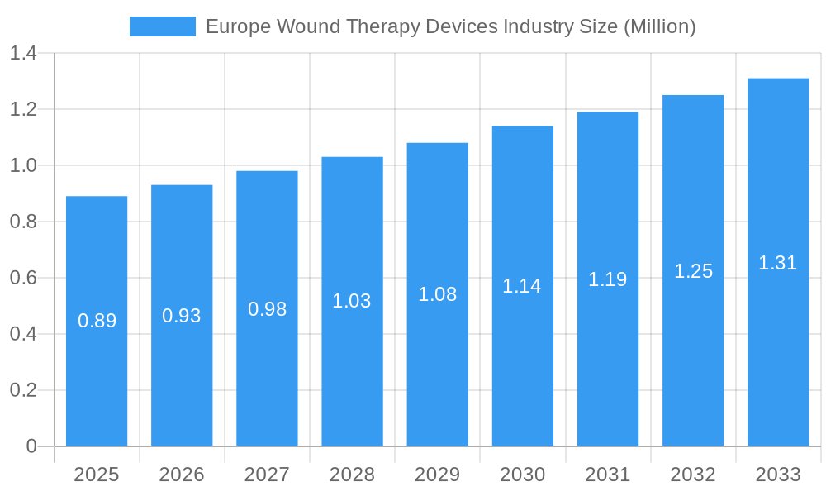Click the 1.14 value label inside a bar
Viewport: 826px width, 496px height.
pos(522,286)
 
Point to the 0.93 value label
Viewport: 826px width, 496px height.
pos(182,316)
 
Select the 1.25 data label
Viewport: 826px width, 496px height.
pos(693,271)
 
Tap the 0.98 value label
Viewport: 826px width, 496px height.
pos(267,309)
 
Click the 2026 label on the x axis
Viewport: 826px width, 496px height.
pos(182,475)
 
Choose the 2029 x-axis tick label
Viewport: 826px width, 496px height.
pos(437,475)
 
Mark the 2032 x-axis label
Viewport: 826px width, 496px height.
pos(693,475)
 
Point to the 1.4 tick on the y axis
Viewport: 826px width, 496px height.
pos(23,54)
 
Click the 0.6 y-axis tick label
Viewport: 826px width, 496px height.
pos(23,278)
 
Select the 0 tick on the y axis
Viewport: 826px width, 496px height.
pos(31,446)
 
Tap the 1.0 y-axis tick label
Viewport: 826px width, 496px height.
pos(23,165)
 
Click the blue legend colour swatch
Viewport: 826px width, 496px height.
pos(163,26)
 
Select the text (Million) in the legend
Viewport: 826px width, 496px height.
pos(659,26)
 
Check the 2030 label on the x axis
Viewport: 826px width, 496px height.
pos(522,475)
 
